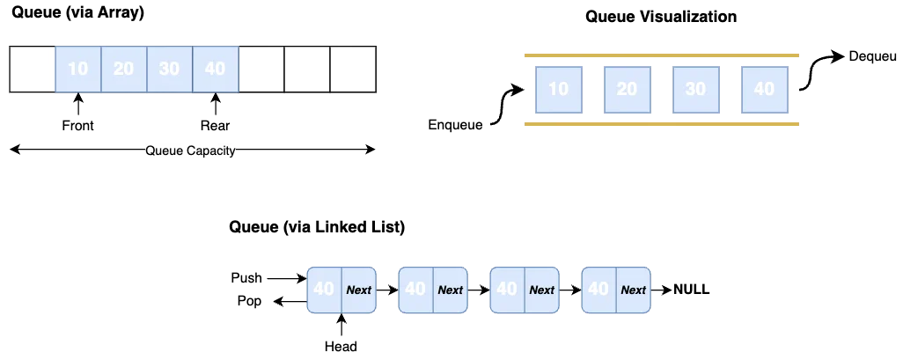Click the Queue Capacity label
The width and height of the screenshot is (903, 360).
click(190, 151)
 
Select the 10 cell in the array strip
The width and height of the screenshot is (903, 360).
click(78, 68)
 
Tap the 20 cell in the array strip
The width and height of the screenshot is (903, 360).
click(124, 68)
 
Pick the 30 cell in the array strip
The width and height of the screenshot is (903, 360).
click(170, 68)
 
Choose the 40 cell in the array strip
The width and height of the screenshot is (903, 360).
click(215, 68)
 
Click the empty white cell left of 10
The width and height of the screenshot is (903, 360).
click(33, 68)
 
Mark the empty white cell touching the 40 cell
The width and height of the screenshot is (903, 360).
click(261, 68)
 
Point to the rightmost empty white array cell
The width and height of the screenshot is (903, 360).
click(353, 68)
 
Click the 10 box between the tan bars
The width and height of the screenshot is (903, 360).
click(558, 89)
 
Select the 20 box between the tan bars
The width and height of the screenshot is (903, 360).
click(627, 89)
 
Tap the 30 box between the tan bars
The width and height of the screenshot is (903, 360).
click(695, 89)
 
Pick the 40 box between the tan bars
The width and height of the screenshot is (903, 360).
click(764, 89)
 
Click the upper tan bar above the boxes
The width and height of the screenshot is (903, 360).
click(661, 55)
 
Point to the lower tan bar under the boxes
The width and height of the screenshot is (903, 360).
click(661, 123)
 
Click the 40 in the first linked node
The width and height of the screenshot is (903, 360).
click(324, 289)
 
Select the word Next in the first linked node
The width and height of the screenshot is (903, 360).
click(359, 290)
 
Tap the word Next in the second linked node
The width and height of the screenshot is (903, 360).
click(451, 290)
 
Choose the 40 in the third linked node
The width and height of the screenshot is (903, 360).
click(507, 289)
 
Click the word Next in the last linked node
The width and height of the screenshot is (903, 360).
click(634, 290)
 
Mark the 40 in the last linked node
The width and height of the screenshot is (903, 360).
click(598, 289)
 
